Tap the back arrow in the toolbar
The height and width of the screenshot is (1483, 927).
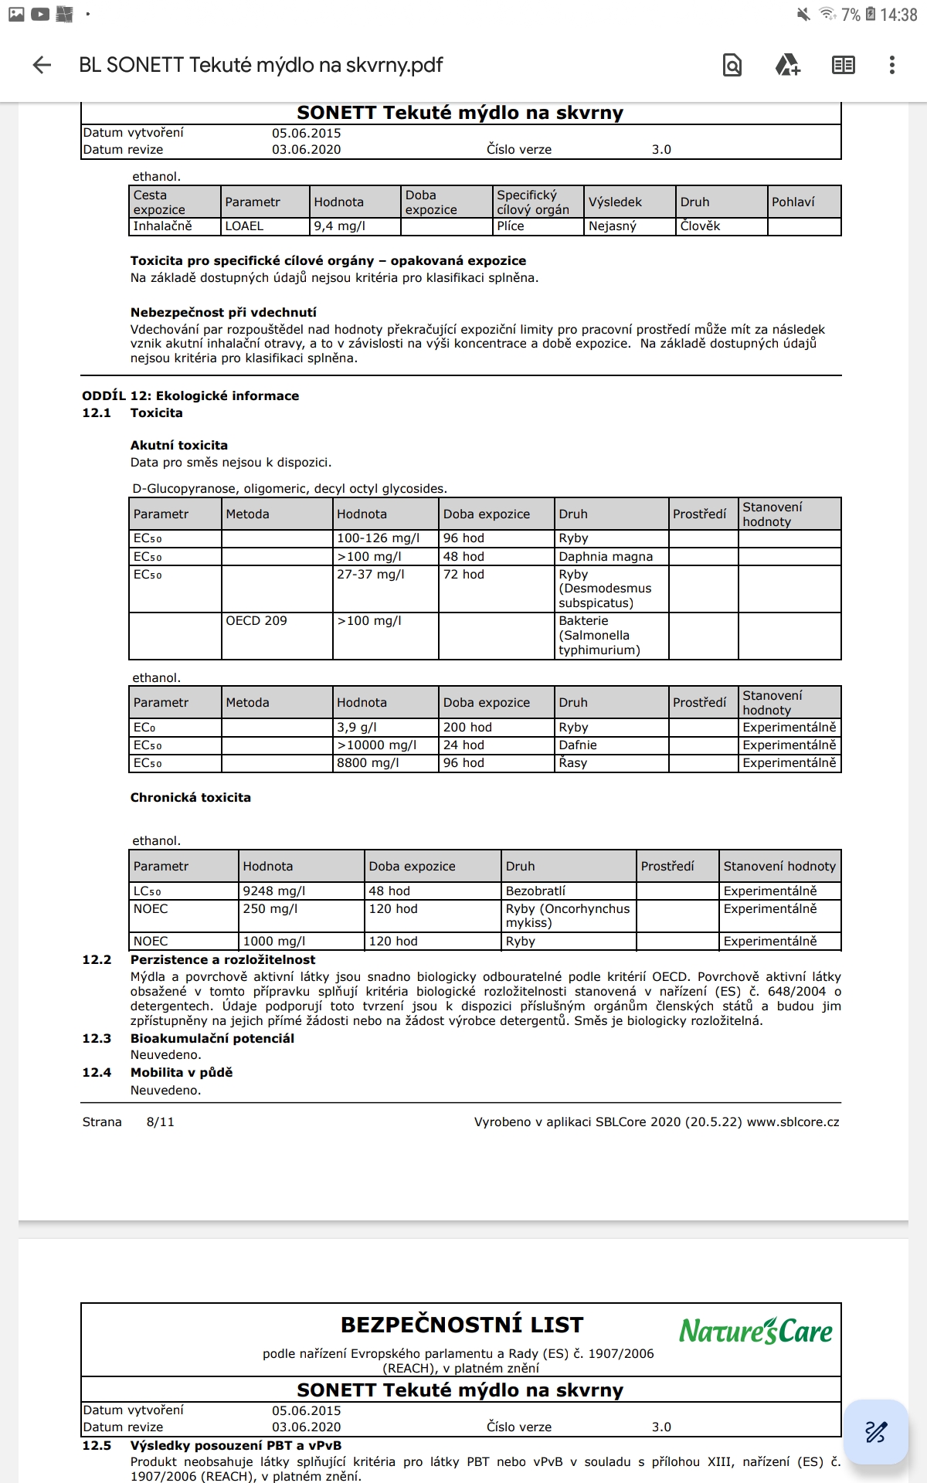pos(42,65)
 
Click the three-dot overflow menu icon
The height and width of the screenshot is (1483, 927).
pos(891,65)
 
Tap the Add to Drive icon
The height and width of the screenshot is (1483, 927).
pos(787,65)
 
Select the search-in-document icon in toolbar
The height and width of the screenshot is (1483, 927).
pos(732,65)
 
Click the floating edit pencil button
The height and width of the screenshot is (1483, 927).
pos(875,1431)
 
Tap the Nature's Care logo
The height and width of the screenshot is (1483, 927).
pos(756,1331)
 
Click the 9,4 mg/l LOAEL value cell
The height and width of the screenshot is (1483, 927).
pos(340,226)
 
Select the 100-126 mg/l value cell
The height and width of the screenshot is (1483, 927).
pos(379,538)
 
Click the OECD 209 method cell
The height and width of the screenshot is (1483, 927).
pos(256,621)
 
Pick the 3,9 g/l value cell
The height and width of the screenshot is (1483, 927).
pos(357,728)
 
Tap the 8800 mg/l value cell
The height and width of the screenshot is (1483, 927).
pos(368,763)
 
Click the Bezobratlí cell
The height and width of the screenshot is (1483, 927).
pos(535,891)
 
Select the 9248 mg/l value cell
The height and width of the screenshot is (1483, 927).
pos(274,891)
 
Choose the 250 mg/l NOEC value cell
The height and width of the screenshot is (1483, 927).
pos(270,909)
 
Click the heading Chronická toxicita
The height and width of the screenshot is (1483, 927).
pos(190,798)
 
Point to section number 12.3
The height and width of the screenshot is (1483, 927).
pos(97,1039)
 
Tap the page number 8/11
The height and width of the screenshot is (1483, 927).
pos(160,1122)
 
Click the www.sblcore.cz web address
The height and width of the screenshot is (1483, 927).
pos(793,1122)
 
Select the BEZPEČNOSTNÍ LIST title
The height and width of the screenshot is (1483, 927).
pos(461,1325)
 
